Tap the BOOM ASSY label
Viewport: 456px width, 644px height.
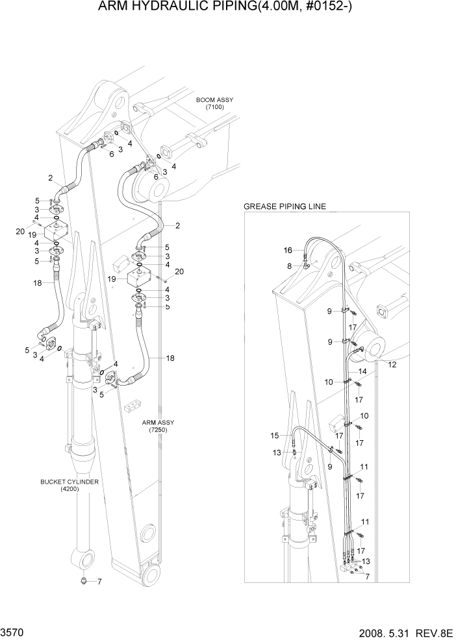click(x=214, y=100)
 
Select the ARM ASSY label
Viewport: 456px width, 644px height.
click(x=160, y=423)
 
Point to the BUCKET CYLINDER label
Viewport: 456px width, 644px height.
click(x=69, y=483)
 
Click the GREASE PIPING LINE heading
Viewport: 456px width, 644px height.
click(x=285, y=206)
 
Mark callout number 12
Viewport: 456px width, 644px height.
click(x=392, y=365)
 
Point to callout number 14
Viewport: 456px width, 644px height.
click(x=362, y=371)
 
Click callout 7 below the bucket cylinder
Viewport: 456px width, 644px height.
click(x=99, y=582)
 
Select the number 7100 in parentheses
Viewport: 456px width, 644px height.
click(x=214, y=107)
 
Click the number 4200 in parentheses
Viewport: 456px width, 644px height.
click(x=69, y=490)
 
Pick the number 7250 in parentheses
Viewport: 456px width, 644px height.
click(x=160, y=430)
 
